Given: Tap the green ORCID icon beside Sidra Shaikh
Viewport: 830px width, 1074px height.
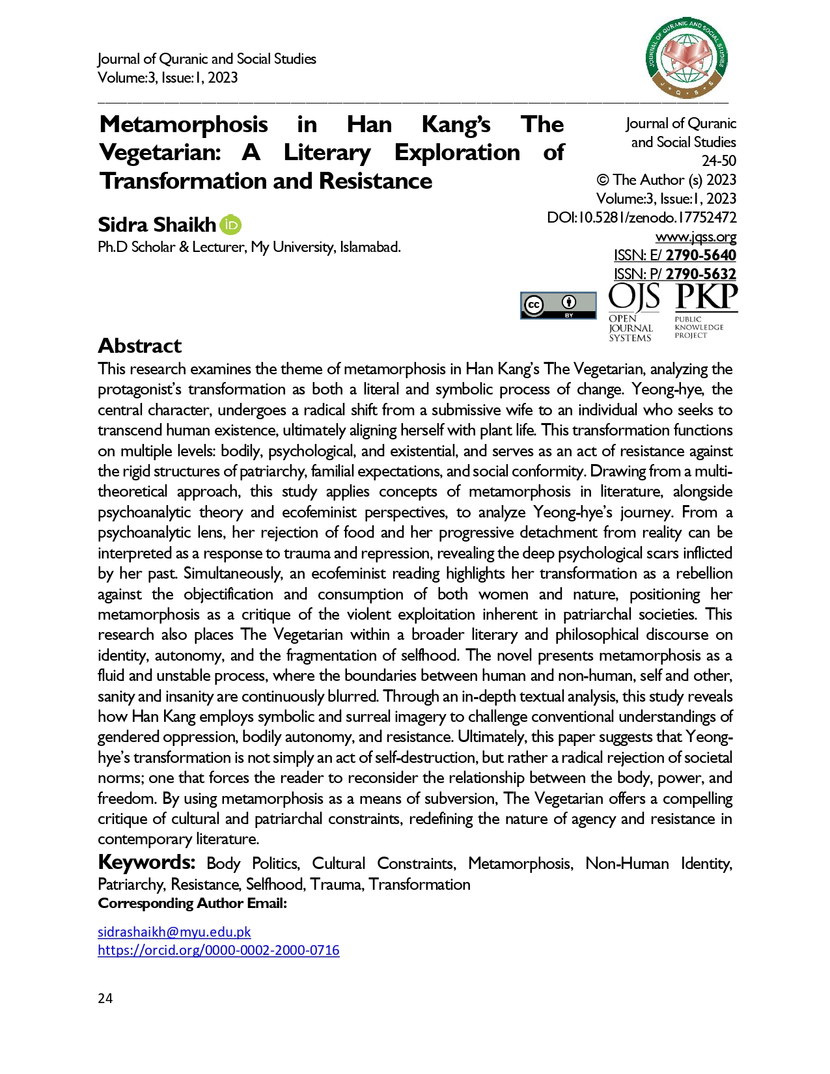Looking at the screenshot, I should pos(230,225).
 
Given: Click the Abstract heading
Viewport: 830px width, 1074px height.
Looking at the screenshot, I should pos(139,346).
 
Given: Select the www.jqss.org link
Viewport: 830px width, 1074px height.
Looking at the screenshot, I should pos(695,237).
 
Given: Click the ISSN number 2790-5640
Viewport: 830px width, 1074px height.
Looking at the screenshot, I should pos(700,255).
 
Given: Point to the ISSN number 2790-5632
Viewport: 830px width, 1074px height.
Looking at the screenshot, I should pos(700,274).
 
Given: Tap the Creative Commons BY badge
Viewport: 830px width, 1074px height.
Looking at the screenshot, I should pos(558,305).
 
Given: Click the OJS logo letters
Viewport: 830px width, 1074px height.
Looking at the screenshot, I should pos(633,297).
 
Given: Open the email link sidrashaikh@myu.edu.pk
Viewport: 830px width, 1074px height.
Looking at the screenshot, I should pos(174,932).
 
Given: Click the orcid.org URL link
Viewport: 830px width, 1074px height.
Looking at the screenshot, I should pos(218,950).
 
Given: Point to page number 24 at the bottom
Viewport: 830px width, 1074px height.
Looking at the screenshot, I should pos(105,998).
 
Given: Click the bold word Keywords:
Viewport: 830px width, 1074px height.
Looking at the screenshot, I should pos(146,862).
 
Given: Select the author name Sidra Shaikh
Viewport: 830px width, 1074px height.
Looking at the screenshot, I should pos(156,225).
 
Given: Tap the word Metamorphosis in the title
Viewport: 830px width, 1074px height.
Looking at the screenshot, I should pos(184,124).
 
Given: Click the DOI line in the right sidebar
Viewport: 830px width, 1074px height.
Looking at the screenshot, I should pos(641,217).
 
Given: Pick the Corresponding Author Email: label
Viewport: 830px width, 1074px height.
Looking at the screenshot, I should pos(192,903).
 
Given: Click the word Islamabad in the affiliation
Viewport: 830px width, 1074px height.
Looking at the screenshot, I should pos(369,247).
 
